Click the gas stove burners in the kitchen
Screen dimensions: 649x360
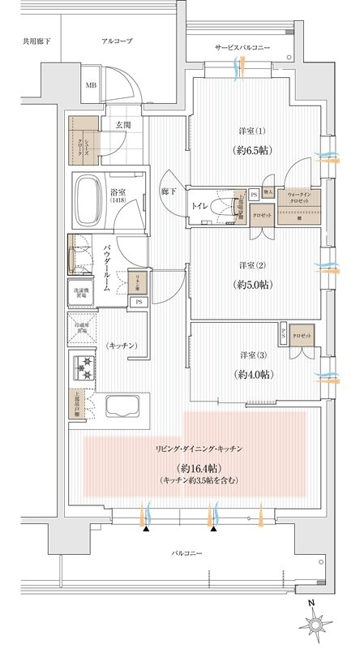click(85, 366)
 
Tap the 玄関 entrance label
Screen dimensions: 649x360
click(122, 125)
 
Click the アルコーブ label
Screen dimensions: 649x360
click(117, 40)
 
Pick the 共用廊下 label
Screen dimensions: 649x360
click(36, 40)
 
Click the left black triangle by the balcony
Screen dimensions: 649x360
click(146, 528)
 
